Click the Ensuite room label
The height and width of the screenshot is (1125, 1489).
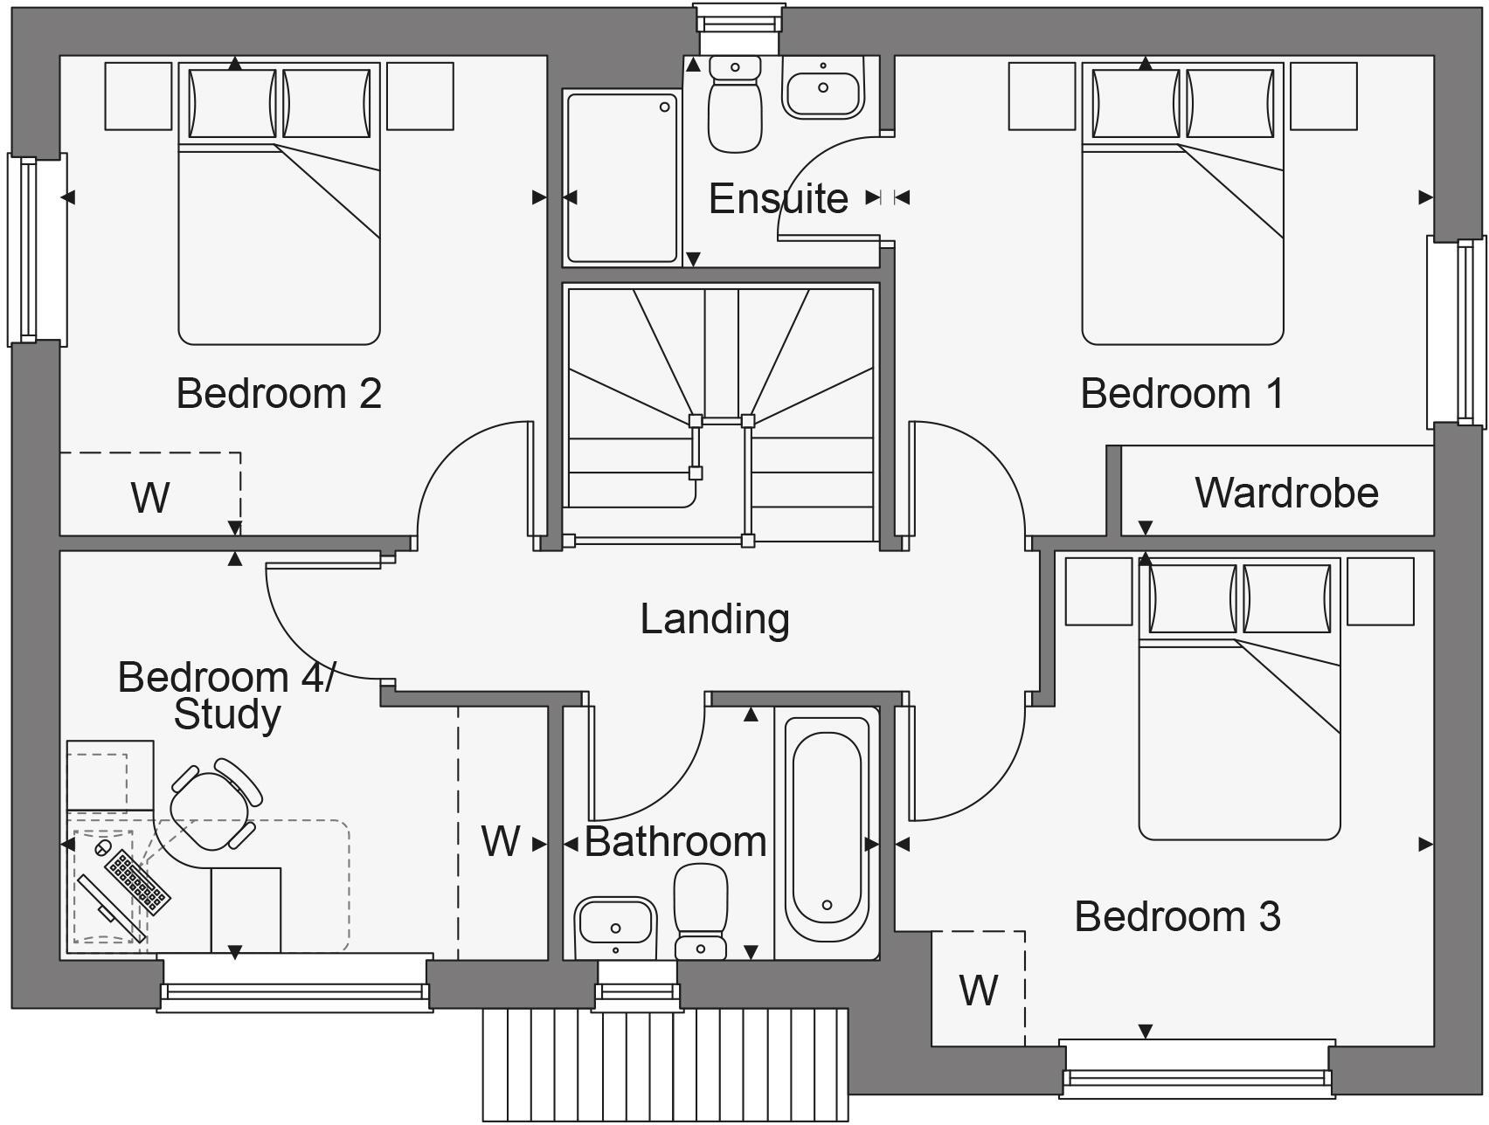coord(778,199)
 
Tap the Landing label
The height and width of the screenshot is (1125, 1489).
coord(715,619)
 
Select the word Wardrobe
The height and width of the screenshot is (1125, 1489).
coord(1286,493)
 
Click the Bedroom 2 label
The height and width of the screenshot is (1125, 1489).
coord(279,393)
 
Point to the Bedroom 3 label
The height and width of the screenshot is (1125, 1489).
coord(1176,916)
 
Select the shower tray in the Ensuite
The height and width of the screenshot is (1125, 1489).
coord(621,178)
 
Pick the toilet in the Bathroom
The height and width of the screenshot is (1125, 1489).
coord(701,913)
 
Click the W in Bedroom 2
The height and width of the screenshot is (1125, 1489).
coord(150,497)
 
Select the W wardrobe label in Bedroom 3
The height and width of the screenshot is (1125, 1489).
coord(978,990)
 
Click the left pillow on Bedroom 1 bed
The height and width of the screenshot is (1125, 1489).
coord(1134,103)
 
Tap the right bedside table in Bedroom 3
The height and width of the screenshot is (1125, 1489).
coord(1380,591)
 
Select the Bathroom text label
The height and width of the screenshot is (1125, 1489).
coord(675,842)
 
